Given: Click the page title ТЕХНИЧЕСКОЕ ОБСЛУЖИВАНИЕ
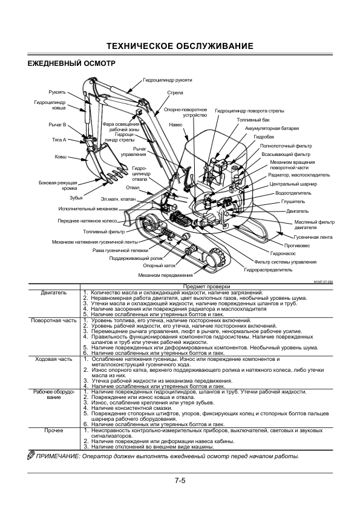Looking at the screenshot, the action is click(x=180, y=46).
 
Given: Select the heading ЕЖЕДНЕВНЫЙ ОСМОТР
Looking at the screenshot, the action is click(x=71, y=63).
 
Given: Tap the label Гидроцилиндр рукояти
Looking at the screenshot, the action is click(x=168, y=80).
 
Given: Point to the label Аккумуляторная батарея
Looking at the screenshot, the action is click(x=272, y=128).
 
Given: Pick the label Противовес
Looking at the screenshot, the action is click(x=297, y=245).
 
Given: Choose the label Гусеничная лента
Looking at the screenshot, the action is click(x=313, y=237).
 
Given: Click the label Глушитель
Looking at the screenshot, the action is click(x=293, y=201).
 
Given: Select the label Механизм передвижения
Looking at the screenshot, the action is click(x=165, y=275).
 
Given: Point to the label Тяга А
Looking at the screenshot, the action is click(x=59, y=140).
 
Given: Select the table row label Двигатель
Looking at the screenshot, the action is click(x=54, y=293).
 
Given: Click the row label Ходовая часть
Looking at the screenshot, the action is click(x=54, y=359).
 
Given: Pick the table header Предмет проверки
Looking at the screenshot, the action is click(x=207, y=287).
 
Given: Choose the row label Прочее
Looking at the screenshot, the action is click(x=54, y=431).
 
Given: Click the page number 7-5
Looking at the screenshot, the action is click(x=180, y=480).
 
